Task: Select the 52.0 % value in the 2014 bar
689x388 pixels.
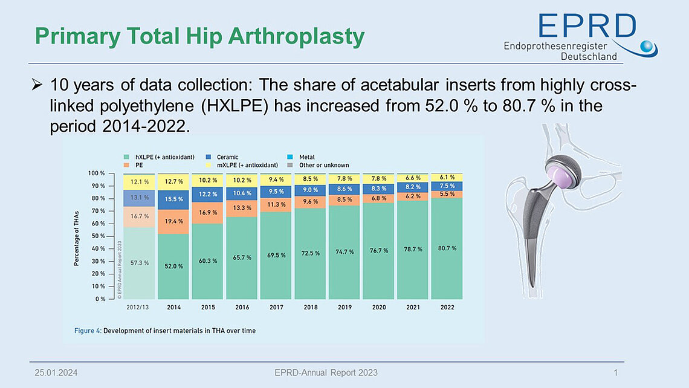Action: click(173, 266)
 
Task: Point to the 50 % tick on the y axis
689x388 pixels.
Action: click(97, 236)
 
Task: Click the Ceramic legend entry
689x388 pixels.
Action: click(227, 157)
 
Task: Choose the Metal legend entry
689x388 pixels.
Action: click(306, 157)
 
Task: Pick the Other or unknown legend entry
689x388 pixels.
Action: click(324, 165)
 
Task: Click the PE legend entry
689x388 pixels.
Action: click(140, 165)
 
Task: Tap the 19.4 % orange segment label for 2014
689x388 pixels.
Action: click(173, 222)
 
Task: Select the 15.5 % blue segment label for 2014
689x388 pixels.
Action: click(173, 199)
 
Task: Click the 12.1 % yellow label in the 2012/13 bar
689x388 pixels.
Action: click(139, 181)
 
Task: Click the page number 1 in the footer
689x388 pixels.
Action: click(615, 372)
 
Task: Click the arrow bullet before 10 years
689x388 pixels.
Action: click(36, 84)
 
